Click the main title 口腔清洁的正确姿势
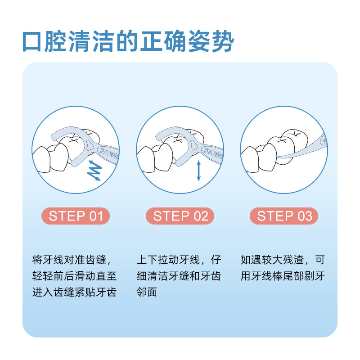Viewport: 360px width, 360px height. tap(129, 42)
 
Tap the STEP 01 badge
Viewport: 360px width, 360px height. tap(76, 216)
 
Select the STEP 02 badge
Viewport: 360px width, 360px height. tap(180, 216)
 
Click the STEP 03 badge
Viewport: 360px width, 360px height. tap(284, 216)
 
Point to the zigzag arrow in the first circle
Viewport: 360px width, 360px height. tap(94, 170)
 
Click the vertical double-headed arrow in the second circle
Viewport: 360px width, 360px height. tap(198, 171)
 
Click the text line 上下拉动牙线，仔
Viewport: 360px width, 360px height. tap(179, 260)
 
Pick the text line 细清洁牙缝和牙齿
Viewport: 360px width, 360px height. tap(179, 276)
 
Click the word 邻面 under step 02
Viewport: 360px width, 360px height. tap(147, 292)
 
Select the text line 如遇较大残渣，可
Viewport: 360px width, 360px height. tap(283, 260)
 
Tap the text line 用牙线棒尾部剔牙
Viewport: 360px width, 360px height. tap(283, 276)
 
